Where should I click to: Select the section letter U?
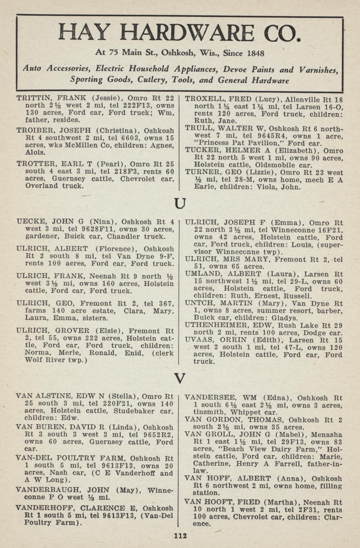[180, 204]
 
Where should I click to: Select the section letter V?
[180, 378]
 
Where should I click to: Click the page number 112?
[180, 536]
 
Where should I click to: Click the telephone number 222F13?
[134, 106]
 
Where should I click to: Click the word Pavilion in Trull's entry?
[263, 143]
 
